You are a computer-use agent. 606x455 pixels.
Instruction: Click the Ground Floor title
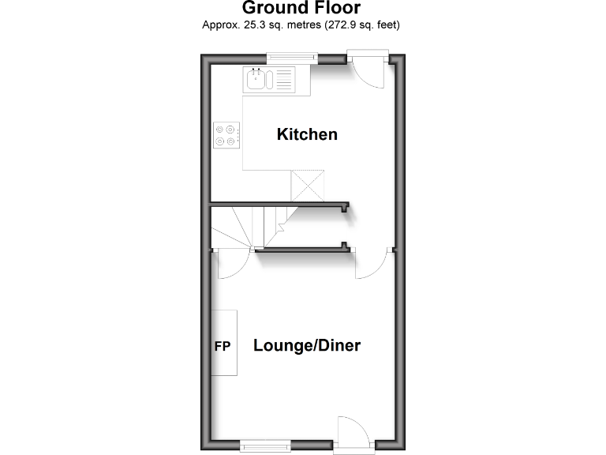tap(301, 9)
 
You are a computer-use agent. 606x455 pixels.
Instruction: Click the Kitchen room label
tap(307, 134)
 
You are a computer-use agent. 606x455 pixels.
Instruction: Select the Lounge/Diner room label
tap(306, 345)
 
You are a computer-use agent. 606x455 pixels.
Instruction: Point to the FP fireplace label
tap(223, 346)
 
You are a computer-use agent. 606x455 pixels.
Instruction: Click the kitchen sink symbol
tap(257, 79)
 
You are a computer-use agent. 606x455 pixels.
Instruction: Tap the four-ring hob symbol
tap(226, 135)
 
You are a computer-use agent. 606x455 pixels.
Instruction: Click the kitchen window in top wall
tap(291, 58)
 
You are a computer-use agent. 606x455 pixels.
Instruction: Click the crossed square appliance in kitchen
tap(308, 185)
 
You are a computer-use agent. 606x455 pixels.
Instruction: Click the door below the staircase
tap(232, 265)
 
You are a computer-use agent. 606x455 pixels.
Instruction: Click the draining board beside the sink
tap(282, 79)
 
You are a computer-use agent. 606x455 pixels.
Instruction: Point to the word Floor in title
tap(334, 9)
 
